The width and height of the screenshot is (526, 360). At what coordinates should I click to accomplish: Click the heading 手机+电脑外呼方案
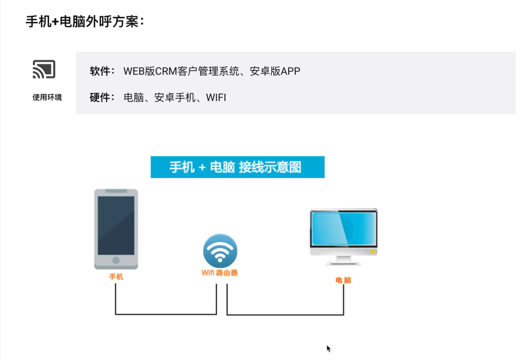(85, 22)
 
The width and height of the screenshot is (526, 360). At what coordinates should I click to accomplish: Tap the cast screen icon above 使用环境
(44, 70)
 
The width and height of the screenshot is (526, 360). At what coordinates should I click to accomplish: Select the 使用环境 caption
(47, 98)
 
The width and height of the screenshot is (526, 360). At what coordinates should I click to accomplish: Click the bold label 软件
(102, 71)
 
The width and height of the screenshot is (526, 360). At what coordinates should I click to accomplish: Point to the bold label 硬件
(102, 98)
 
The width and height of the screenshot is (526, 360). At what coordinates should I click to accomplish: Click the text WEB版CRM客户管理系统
(181, 71)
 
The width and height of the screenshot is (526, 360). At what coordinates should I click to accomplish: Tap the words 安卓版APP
(275, 71)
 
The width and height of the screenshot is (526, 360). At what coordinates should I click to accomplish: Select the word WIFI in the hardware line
(216, 98)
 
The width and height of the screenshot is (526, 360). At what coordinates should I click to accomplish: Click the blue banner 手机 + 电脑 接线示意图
(237, 167)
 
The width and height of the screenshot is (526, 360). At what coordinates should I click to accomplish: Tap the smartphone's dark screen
(116, 225)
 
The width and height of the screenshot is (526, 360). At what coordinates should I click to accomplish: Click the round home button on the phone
(116, 260)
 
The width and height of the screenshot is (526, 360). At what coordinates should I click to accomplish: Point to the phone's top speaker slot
(116, 191)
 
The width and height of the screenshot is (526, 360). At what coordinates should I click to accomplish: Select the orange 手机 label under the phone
(116, 277)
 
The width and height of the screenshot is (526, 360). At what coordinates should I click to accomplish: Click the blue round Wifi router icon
(220, 251)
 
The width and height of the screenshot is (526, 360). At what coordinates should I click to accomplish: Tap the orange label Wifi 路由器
(220, 272)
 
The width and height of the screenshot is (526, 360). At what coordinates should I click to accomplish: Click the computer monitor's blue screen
(344, 229)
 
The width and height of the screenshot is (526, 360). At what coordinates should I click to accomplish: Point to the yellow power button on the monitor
(373, 252)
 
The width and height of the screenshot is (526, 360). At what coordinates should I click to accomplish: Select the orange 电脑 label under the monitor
(344, 280)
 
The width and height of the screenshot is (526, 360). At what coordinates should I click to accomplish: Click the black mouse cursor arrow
(328, 348)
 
